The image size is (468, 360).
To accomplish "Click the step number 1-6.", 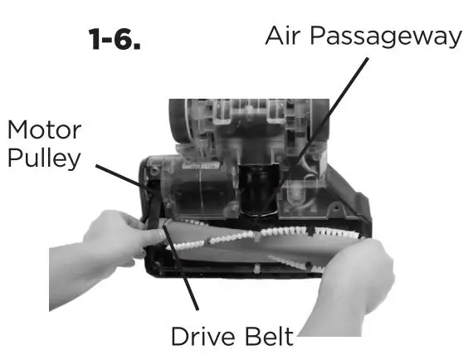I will [x=114, y=41].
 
